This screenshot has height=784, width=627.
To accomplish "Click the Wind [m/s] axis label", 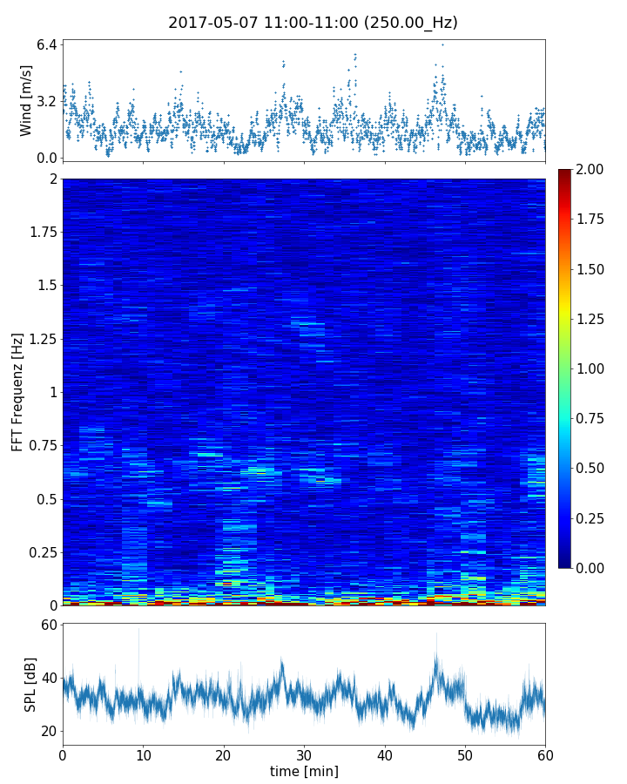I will (x=26, y=100).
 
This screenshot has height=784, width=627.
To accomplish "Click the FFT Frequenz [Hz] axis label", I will (x=17, y=391).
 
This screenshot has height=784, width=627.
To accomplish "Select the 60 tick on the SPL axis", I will (x=47, y=625).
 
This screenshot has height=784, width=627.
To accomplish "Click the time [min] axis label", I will (x=304, y=771).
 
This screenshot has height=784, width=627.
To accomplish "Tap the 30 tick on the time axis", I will (x=304, y=754).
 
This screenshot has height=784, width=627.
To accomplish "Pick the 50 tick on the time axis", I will (x=465, y=754).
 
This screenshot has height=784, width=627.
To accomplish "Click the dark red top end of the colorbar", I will (x=565, y=172).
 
